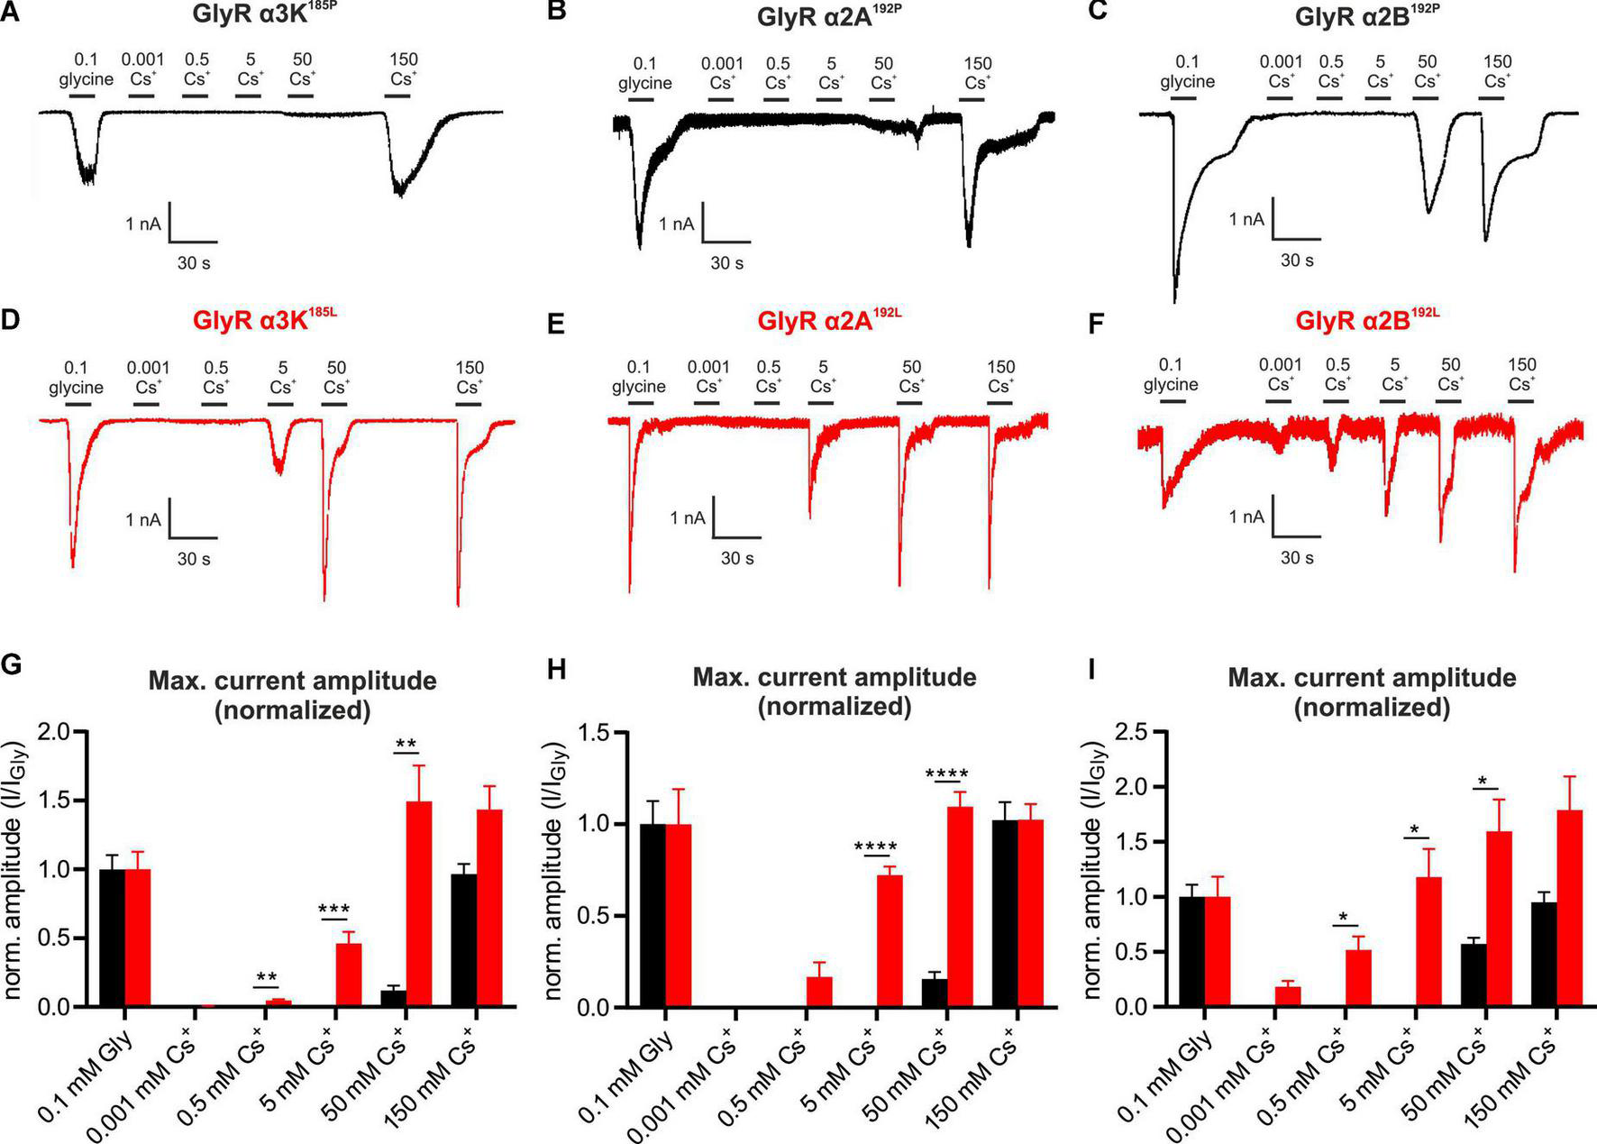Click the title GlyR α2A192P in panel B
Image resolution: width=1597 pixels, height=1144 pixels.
click(828, 17)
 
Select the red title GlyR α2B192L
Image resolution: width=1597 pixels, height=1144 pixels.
click(1367, 320)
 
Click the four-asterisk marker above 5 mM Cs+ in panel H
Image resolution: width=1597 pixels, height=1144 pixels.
click(876, 847)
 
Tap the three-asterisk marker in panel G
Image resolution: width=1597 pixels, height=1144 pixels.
click(334, 910)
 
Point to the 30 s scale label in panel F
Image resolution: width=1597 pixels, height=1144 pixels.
click(1297, 558)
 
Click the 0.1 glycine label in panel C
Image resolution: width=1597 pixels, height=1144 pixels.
click(1188, 72)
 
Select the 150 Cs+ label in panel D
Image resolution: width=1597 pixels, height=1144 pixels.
click(470, 378)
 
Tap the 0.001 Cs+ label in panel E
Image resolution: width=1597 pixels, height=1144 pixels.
click(708, 377)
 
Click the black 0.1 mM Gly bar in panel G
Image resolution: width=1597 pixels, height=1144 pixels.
click(113, 938)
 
